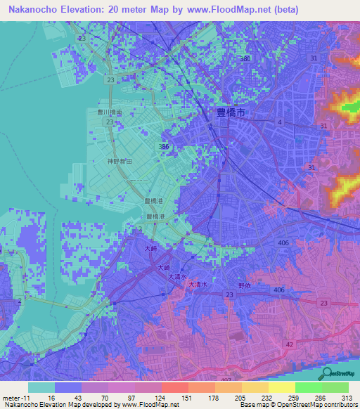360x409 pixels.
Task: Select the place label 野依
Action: pos(244,286)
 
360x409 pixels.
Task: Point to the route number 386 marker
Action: pos(164,146)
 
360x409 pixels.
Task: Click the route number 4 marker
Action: pos(279,122)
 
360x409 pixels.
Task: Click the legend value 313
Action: pos(347,396)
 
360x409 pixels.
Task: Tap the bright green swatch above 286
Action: pos(309,387)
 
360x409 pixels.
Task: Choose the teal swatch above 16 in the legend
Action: pos(41,387)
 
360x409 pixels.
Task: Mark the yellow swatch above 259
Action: pos(282,387)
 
